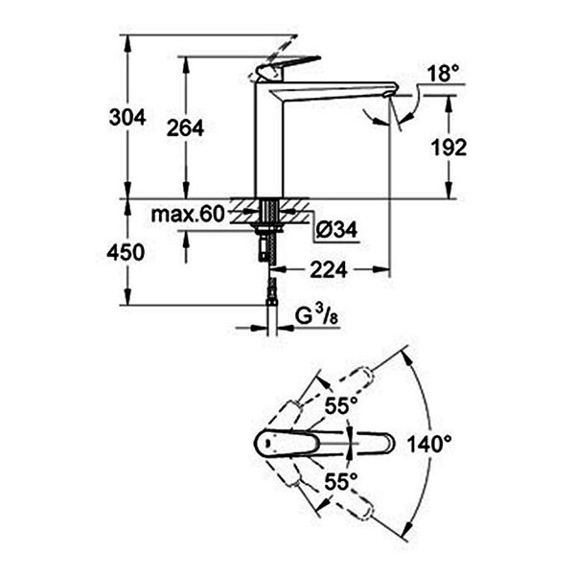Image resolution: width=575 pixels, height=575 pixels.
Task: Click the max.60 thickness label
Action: click(186, 215)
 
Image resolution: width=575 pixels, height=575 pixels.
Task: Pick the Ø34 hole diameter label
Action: click(333, 231)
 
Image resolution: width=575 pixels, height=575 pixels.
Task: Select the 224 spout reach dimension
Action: click(328, 270)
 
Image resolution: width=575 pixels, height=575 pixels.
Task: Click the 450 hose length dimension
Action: click(126, 253)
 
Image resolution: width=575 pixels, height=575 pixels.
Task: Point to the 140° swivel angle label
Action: click(428, 444)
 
